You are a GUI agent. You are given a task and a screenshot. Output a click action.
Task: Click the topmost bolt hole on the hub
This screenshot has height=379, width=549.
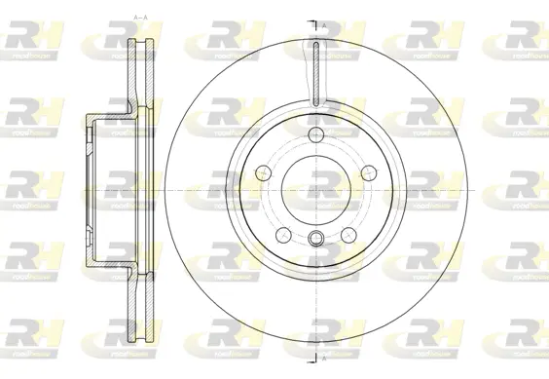315,133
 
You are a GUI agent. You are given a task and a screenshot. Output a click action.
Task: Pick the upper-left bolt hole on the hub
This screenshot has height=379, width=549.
261,171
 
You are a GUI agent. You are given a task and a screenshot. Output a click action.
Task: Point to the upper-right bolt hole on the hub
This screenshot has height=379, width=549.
369,171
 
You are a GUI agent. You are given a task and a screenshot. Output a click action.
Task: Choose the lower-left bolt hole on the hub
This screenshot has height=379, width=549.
281,234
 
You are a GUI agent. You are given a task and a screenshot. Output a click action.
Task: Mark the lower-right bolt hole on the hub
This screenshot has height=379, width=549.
348,234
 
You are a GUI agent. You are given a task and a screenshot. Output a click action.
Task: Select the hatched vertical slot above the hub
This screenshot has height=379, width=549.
315,72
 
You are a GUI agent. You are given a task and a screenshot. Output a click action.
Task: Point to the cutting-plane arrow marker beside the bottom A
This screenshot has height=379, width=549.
313,356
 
